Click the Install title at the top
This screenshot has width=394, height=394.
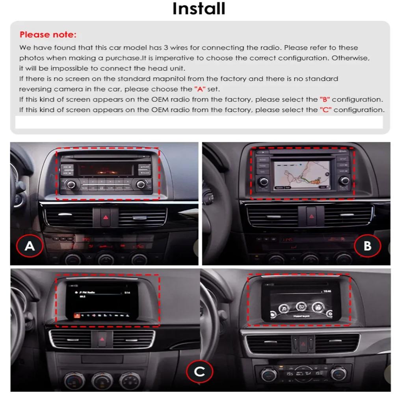coord(199,9)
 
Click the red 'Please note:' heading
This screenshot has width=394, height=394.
coord(48,35)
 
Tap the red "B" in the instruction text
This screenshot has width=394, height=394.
coord(324,99)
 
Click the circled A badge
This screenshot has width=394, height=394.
coord(30,246)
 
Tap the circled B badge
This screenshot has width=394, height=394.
coord(367,246)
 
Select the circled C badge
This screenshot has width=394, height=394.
coord(200,372)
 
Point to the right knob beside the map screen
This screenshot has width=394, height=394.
coord(345,181)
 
